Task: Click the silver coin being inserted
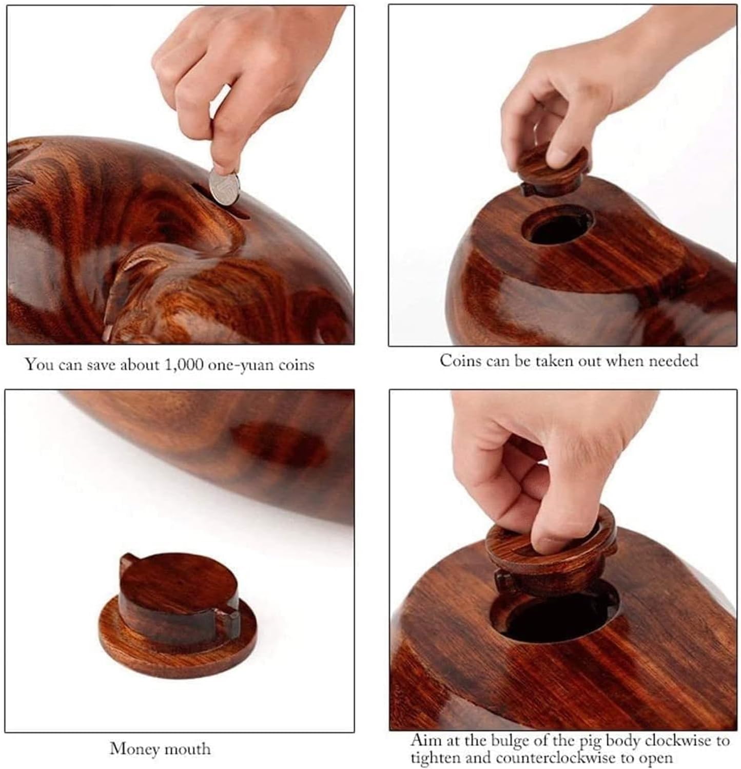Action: coord(224,187)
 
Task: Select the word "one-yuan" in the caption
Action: coord(244,365)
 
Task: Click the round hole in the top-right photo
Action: coord(558,227)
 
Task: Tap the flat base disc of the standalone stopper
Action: coord(177,649)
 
